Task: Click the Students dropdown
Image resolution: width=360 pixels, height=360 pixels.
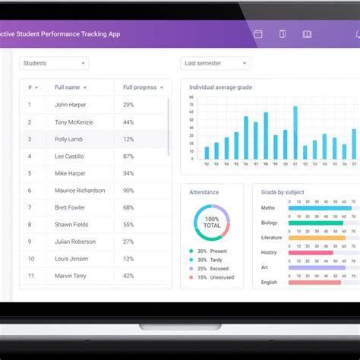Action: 53,64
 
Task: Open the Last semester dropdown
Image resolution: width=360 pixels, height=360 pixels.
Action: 215,64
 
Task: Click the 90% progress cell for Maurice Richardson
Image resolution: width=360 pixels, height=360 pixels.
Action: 128,191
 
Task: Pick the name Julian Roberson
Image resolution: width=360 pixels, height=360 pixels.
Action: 75,242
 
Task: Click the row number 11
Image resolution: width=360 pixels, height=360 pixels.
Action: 30,259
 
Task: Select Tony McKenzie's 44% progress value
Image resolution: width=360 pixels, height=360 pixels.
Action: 128,122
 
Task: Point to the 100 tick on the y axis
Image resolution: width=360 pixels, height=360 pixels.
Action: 193,97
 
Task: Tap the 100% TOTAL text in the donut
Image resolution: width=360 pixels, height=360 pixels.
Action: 212,223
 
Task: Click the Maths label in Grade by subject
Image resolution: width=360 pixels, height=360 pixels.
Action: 268,207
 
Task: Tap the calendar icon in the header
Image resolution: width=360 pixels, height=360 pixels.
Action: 258,34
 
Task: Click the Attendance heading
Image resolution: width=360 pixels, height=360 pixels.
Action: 204,192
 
